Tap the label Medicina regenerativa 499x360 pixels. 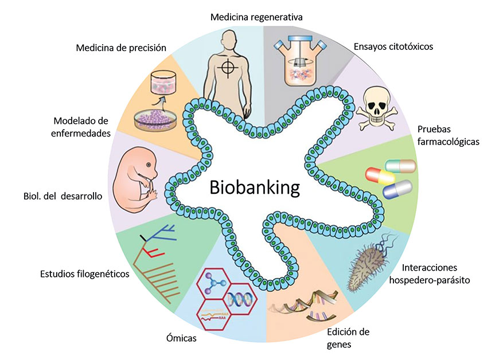(256, 17)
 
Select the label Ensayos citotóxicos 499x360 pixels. (393, 46)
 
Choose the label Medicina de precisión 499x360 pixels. (121, 48)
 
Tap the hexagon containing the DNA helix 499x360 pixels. (238, 298)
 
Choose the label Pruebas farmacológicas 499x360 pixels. (449, 134)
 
